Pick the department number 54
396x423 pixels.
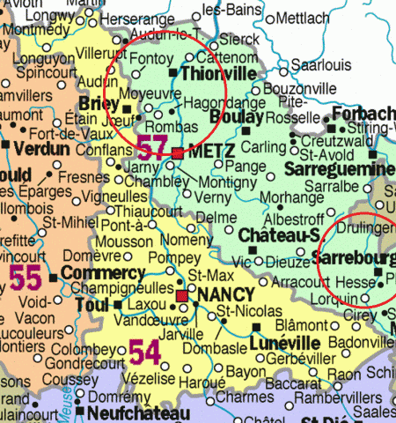[x=145, y=352]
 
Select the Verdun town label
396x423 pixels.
[x=40, y=149]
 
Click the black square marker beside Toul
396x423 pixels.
[x=118, y=305]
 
